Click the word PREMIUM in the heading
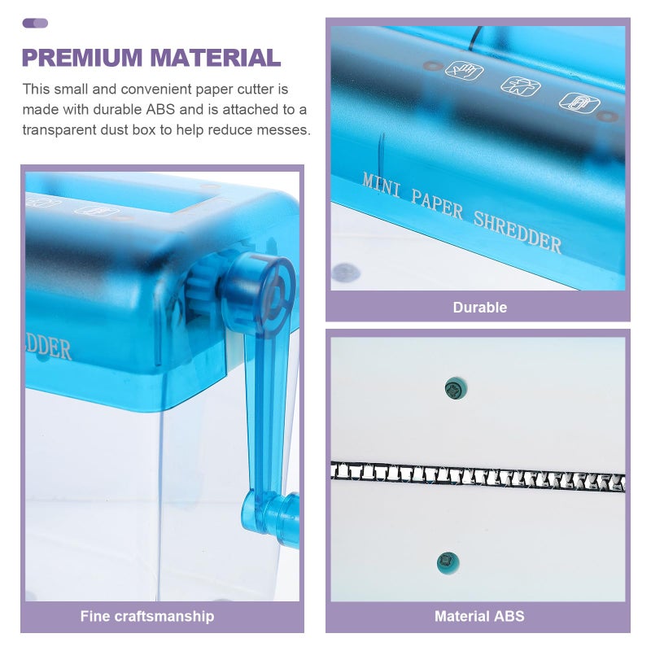82,57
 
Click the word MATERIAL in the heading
216,57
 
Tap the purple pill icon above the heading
35,24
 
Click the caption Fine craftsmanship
147,616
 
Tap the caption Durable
480,308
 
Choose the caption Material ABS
479,616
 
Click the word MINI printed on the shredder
382,186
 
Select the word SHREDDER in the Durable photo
518,232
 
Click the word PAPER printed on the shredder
437,204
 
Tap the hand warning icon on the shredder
465,70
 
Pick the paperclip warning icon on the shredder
579,103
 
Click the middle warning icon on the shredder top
520,86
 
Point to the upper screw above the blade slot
456,389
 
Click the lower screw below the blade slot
448,562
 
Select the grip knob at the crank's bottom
271,519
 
